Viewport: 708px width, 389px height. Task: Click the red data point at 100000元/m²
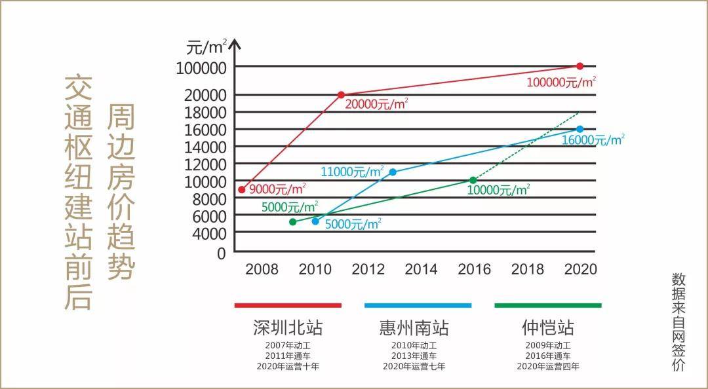pos(580,66)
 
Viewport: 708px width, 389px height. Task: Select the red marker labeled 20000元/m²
pos(341,95)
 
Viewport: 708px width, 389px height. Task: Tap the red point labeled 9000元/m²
pos(241,189)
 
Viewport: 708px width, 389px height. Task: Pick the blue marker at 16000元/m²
pos(580,129)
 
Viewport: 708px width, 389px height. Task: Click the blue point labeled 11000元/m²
pos(393,172)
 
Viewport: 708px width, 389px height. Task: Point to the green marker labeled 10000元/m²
pos(473,180)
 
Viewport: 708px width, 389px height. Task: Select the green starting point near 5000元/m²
pos(292,222)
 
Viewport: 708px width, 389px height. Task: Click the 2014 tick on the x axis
pos(421,269)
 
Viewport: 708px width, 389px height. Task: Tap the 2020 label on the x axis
pos(580,269)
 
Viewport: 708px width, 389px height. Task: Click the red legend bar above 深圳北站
pos(288,305)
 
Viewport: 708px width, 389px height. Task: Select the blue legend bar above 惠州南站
pos(418,305)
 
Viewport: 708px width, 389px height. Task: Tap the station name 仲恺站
pos(547,327)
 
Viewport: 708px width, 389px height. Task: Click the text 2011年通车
pos(288,356)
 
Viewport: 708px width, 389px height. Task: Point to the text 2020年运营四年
pos(547,367)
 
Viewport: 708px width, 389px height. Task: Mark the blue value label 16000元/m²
pos(593,140)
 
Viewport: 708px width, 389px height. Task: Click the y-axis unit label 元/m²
pos(206,47)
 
